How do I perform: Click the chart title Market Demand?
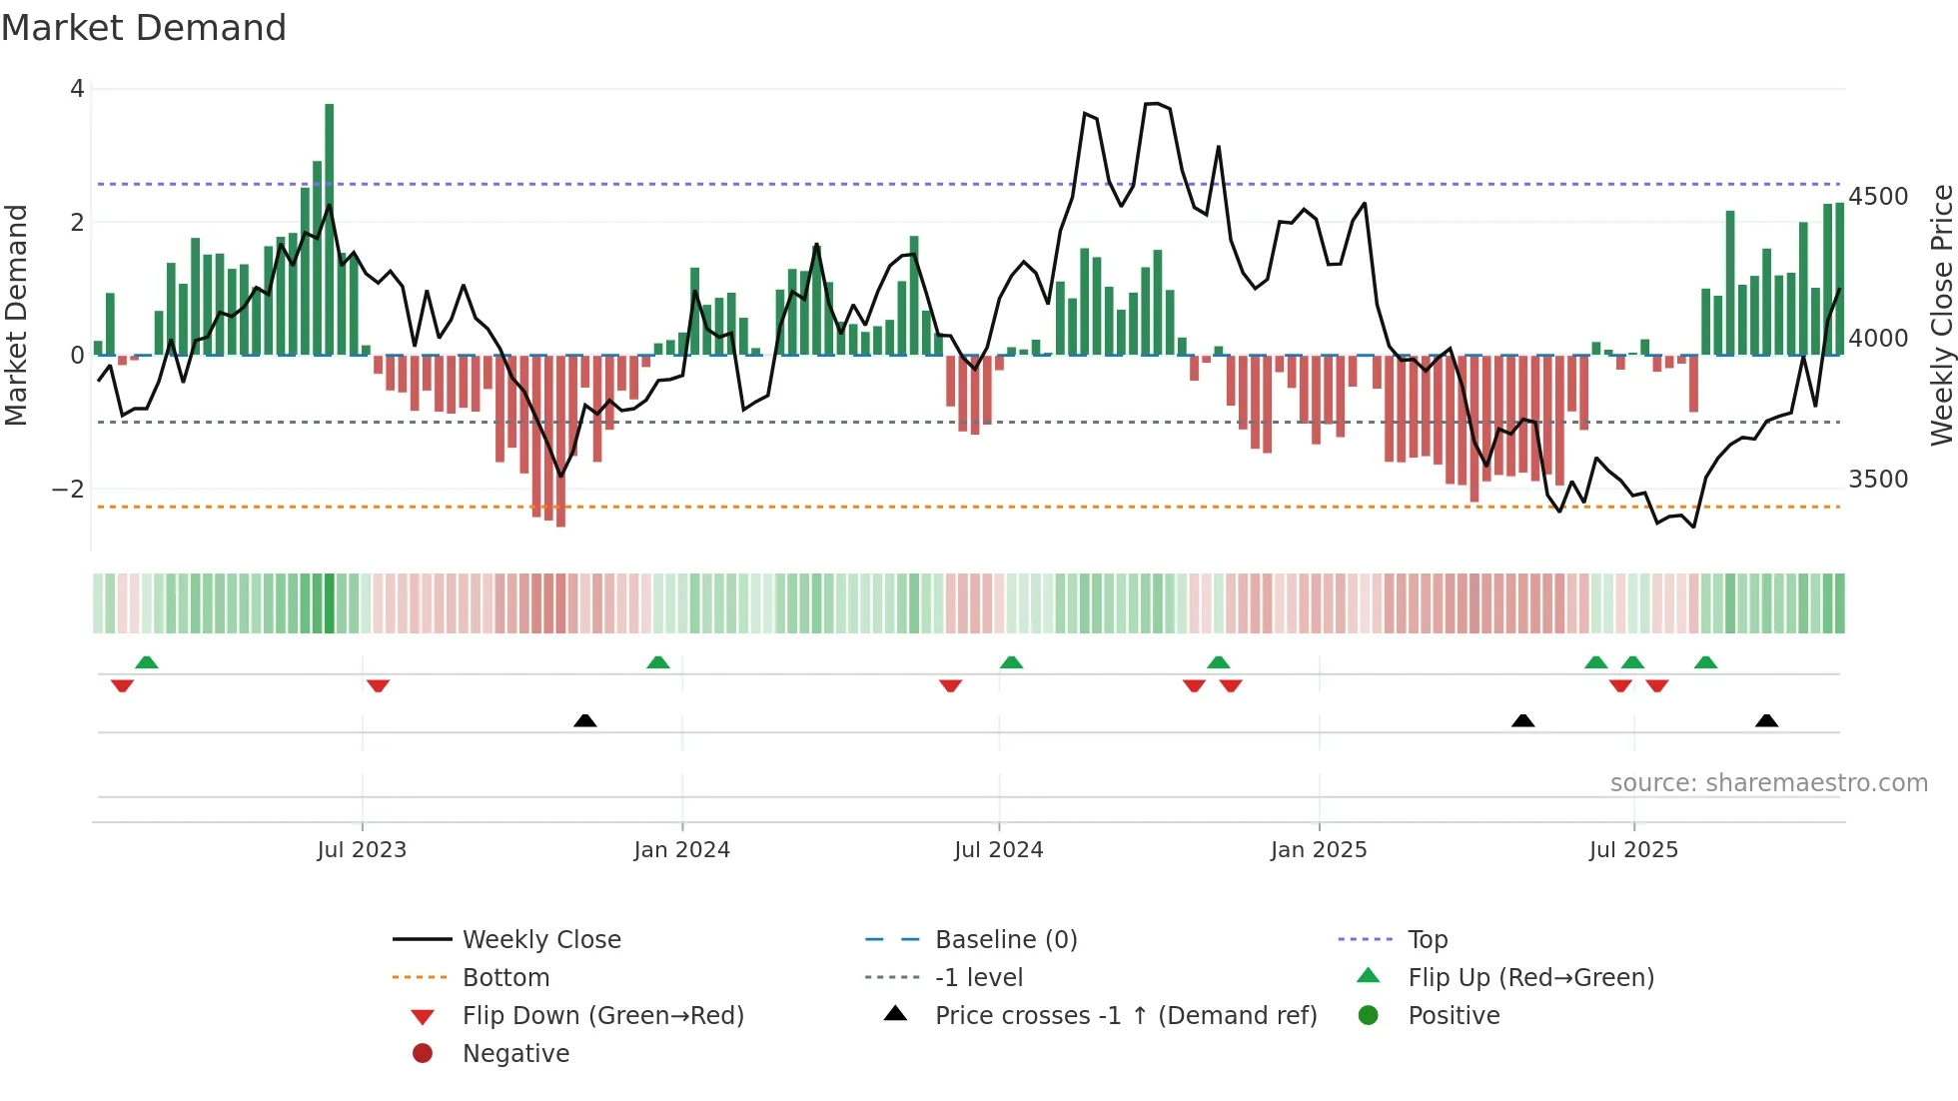coord(144,28)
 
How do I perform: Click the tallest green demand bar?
coord(330,230)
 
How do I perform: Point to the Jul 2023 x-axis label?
coord(362,850)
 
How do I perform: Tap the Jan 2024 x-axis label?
coord(681,850)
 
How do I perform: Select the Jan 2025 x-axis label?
coord(1319,850)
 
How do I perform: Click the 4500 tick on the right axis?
coord(1878,197)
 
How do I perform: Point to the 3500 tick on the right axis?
coord(1878,480)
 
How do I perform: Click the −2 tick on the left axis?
coord(68,490)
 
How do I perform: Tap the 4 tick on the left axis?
coord(77,89)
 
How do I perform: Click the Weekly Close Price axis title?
coord(1941,315)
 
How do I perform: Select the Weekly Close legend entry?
coord(540,940)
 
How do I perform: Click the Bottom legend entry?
coord(505,978)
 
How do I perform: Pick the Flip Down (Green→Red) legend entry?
coord(602,1016)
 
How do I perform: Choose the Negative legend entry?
coord(515,1054)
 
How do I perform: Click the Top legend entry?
coord(1427,940)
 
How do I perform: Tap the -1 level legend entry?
coord(978,978)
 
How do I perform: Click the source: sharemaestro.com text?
coord(1768,783)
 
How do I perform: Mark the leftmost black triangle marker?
coord(585,721)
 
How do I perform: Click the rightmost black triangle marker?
coord(1766,721)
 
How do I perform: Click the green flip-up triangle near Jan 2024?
coord(657,662)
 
